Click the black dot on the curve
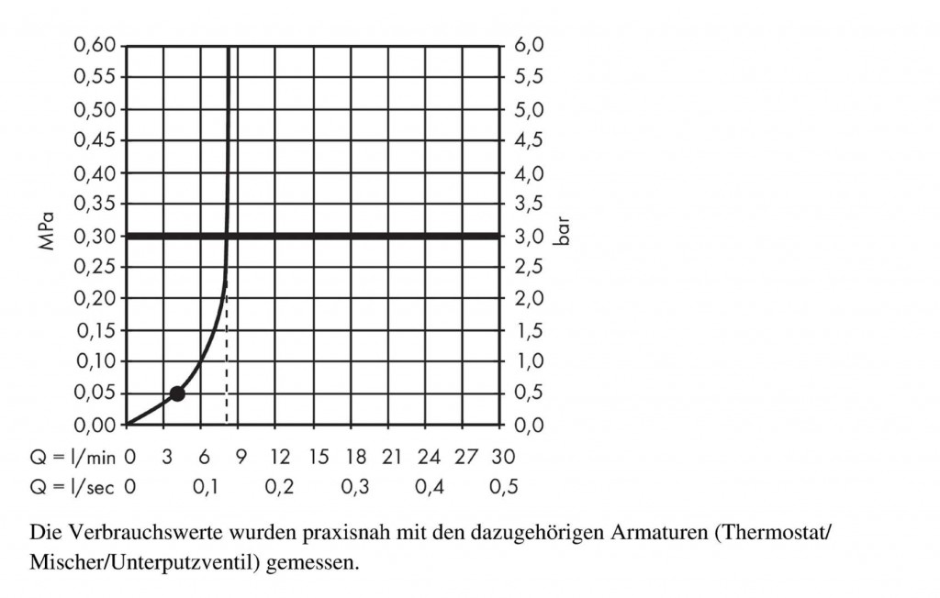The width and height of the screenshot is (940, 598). coord(177,393)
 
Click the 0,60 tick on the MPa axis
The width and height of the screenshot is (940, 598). coord(95,45)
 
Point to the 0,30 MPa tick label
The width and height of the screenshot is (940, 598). coord(95,236)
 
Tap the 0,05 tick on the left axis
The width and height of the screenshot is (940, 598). coord(95,393)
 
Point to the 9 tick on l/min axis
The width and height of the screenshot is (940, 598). coord(241,456)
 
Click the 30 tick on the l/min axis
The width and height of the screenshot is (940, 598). coord(502,456)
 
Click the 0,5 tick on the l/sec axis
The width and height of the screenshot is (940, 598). coord(503,487)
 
